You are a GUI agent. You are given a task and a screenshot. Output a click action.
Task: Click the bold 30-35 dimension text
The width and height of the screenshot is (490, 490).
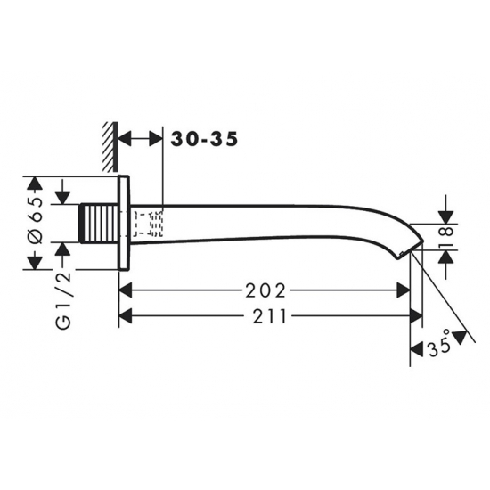point(204,139)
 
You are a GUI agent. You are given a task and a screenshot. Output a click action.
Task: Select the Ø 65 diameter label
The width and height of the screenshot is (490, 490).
point(36,220)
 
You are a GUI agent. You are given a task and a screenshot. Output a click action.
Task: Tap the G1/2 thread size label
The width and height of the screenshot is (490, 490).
point(63,300)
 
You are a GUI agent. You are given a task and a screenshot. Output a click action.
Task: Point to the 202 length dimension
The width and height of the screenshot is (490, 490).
point(265,291)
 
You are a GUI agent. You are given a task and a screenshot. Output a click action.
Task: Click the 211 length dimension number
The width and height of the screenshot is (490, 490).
point(270,316)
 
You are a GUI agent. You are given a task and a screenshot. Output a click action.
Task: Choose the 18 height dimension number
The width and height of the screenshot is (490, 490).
point(446,237)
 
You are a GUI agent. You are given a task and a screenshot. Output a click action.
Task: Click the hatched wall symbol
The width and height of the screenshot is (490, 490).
point(110,147)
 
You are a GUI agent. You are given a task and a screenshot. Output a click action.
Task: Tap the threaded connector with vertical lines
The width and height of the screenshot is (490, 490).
point(100,223)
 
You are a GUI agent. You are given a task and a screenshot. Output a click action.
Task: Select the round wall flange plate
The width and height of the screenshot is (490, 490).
point(124,223)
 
